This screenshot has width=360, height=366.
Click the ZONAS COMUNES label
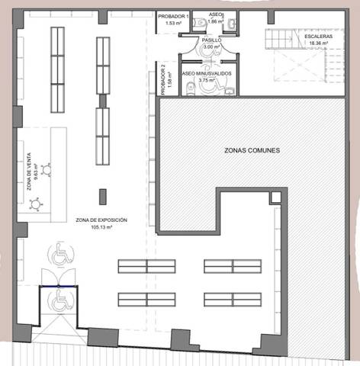(252, 150)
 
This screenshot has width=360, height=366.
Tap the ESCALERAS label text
(317, 37)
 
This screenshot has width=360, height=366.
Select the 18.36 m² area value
(317, 43)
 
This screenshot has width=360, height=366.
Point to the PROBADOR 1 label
(177, 17)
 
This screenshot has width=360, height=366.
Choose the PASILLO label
(211, 40)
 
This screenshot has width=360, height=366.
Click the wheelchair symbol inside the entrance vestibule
(59, 301)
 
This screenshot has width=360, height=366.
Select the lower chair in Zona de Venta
(35, 204)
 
